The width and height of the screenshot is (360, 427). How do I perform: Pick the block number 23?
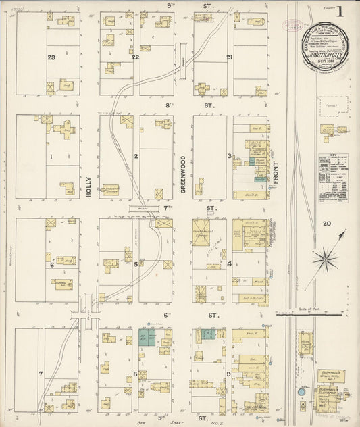(x=51, y=58)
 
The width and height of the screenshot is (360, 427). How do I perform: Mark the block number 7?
(x=41, y=373)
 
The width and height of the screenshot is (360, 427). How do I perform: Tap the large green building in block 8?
(x=146, y=337)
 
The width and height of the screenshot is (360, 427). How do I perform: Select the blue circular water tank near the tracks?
(x=301, y=391)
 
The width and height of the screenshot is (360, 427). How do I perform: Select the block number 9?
(x=229, y=373)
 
